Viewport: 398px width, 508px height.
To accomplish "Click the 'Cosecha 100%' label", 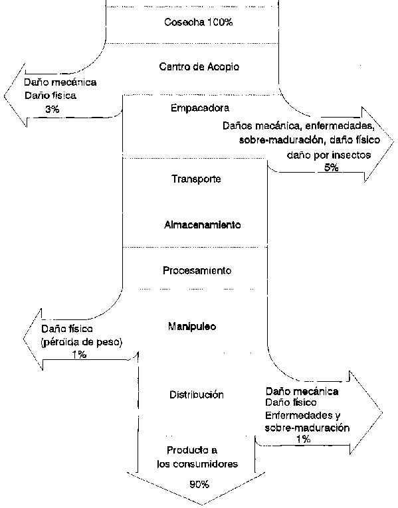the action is click(x=199, y=23).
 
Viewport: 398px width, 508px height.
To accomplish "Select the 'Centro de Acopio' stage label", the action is click(x=199, y=67).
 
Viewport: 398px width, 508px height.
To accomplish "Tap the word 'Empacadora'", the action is click(x=200, y=108).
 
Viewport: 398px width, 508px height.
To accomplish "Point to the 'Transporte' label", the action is click(x=196, y=179).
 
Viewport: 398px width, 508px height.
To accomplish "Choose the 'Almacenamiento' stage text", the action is click(x=202, y=225).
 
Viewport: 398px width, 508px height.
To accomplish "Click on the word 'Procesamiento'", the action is click(x=197, y=270).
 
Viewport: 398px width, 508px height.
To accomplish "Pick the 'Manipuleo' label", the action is click(x=192, y=326).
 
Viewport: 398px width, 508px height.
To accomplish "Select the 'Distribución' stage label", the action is click(x=197, y=394).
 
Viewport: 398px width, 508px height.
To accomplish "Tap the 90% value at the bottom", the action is click(x=199, y=485).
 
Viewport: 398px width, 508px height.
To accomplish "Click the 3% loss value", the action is click(x=52, y=109).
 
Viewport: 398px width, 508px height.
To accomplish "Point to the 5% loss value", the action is click(x=332, y=167).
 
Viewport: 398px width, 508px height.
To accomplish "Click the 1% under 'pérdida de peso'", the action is click(x=79, y=355).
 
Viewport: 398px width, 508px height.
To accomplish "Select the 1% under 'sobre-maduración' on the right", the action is click(x=304, y=440).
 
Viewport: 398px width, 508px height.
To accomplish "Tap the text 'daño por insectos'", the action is click(x=329, y=155).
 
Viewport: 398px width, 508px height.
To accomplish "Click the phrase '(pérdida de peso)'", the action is click(x=82, y=343).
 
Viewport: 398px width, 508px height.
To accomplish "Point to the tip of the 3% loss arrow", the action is click(x=5, y=96).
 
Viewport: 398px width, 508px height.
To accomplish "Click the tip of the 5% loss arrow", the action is click(x=393, y=142).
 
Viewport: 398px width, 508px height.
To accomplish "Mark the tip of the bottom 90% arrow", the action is click(x=201, y=505).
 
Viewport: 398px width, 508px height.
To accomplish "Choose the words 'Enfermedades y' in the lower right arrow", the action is click(x=303, y=415).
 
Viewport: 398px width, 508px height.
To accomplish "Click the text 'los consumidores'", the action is click(x=197, y=464).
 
